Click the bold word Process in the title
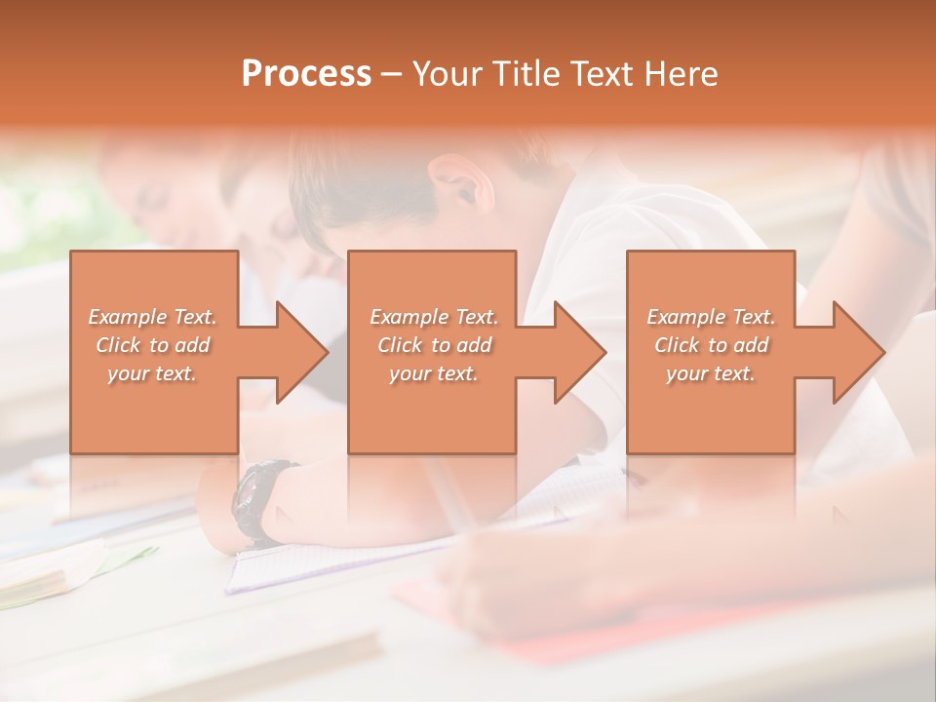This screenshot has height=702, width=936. pos(306,74)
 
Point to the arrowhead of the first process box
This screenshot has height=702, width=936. pos(302,352)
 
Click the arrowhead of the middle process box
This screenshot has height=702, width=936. pos(580,352)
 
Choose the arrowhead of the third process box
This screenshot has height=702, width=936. pos(859,352)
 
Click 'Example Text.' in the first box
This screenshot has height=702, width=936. pos(153,317)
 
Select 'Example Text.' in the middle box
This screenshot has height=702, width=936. pos(434,317)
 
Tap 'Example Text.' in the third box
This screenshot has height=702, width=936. pos(711,317)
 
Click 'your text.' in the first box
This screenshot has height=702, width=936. pos(153,373)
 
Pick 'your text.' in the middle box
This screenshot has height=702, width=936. pos(434,373)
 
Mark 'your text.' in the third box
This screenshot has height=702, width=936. pos(711,373)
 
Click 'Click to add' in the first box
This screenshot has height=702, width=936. pos(153,345)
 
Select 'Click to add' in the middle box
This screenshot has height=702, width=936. pos(434,345)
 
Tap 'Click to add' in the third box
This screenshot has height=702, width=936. pos(711,345)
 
